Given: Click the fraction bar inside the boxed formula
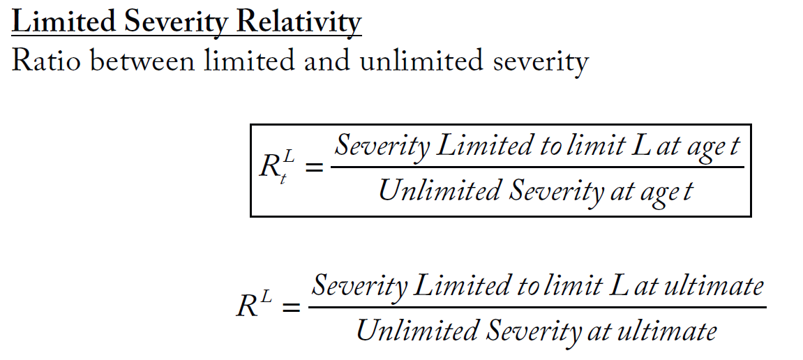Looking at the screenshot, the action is [x=536, y=167].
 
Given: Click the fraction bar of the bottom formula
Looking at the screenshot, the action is [x=536, y=307].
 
